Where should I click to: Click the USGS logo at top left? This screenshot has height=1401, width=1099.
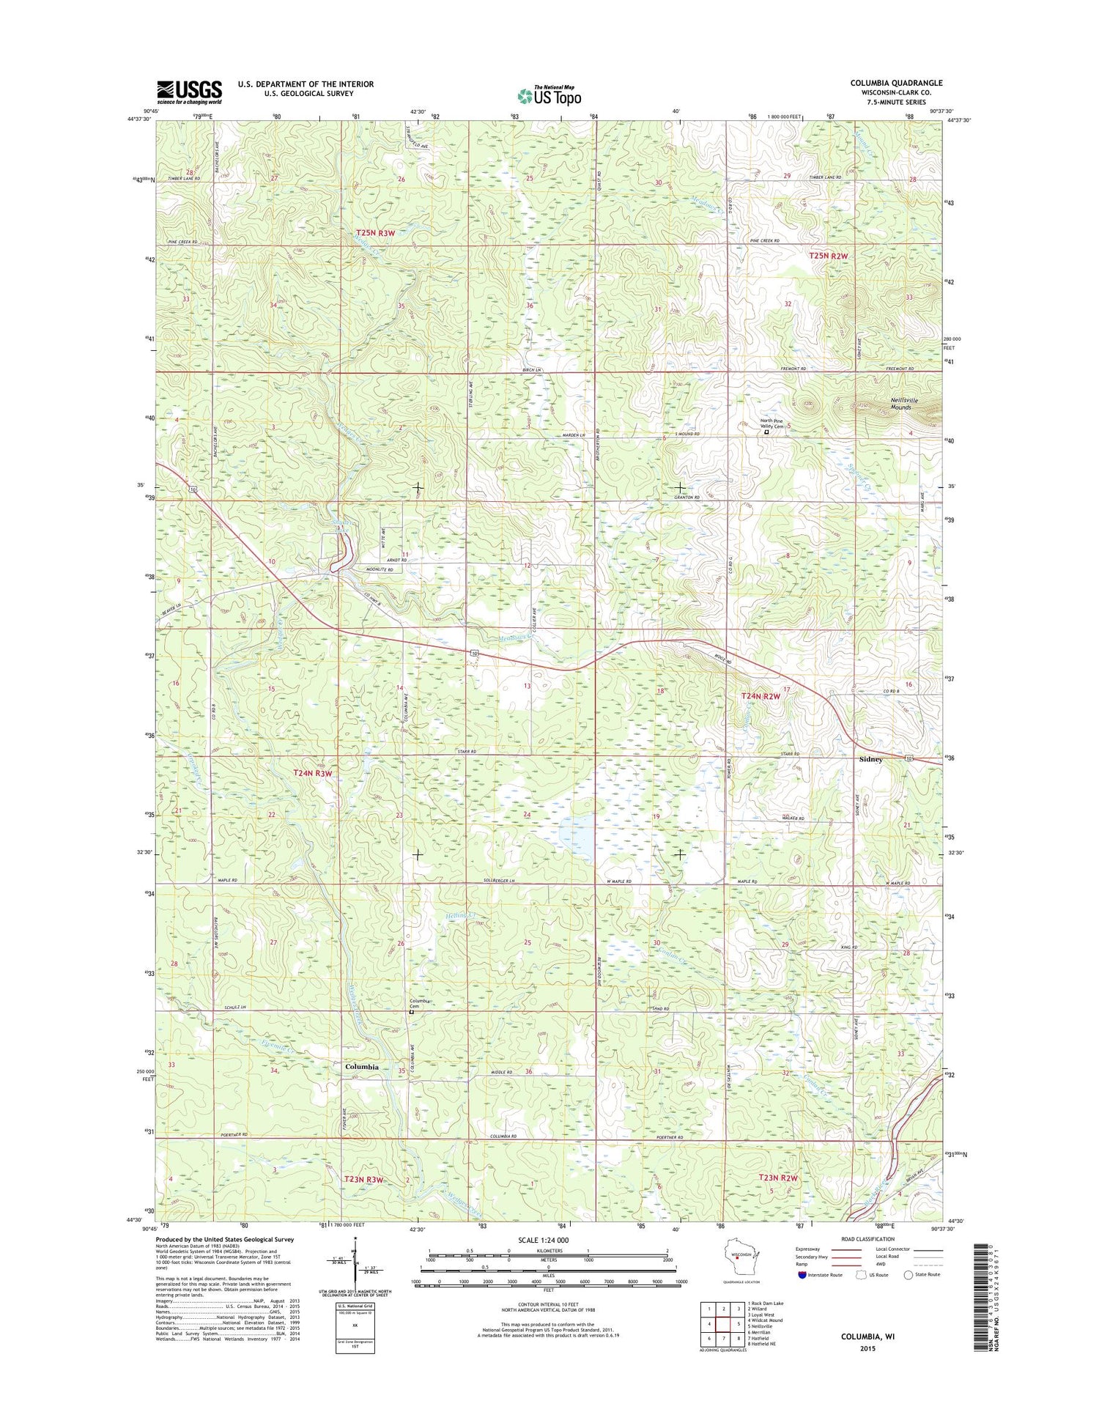[x=188, y=92]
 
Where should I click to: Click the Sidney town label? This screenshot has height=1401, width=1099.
[x=870, y=759]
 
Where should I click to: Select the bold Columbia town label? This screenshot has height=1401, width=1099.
[x=362, y=1067]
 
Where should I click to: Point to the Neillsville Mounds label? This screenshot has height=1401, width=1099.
[x=903, y=404]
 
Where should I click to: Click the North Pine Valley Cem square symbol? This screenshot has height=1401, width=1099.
[x=767, y=432]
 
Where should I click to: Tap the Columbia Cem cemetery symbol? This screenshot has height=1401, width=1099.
[x=411, y=1013]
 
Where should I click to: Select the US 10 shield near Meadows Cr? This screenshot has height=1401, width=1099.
[x=476, y=652]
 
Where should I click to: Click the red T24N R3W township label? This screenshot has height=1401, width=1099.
[x=313, y=772]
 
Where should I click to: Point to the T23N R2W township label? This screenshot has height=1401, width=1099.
[x=777, y=1178]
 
